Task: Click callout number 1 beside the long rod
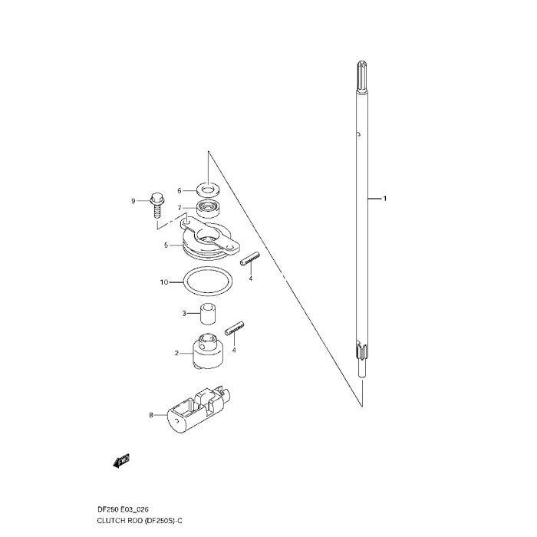click(x=384, y=198)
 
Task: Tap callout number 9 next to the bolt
click(x=133, y=201)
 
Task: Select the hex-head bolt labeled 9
click(x=157, y=205)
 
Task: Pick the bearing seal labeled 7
click(x=208, y=209)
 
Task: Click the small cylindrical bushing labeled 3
click(x=208, y=313)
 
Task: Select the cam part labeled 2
click(x=208, y=352)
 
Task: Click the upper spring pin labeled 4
click(x=250, y=258)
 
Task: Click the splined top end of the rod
click(x=362, y=76)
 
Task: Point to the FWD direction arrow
click(x=121, y=460)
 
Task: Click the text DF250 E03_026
click(x=123, y=509)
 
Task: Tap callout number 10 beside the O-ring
click(x=164, y=282)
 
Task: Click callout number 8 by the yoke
click(x=151, y=416)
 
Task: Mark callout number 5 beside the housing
click(x=166, y=245)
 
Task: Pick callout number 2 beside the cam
click(x=176, y=353)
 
